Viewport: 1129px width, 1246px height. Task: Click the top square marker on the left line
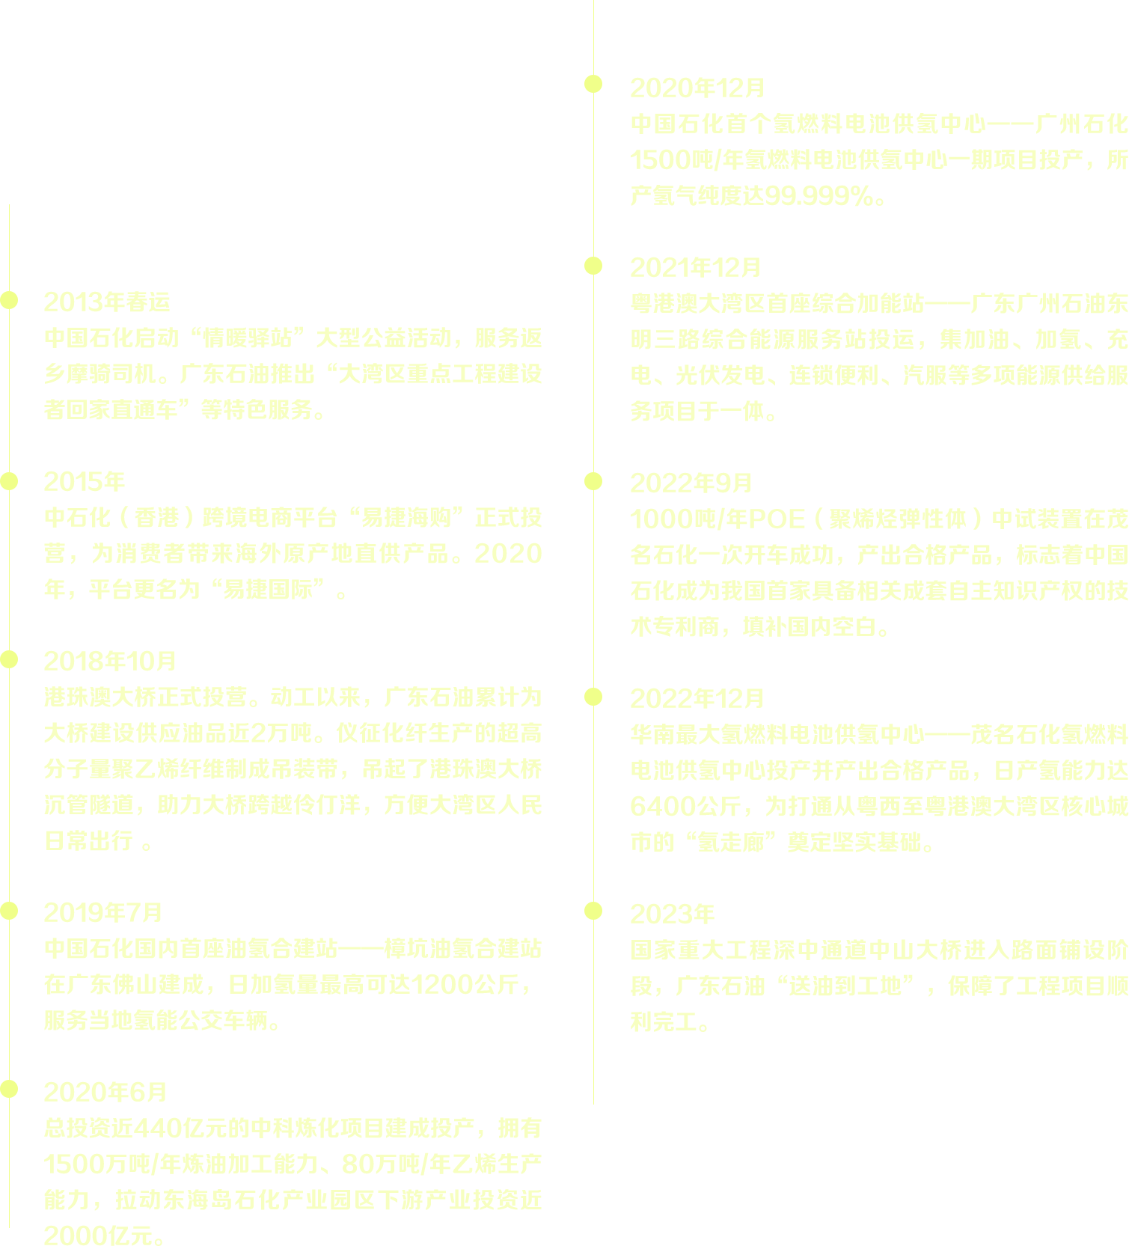tap(8, 300)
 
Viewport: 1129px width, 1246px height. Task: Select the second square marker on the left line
tap(8, 481)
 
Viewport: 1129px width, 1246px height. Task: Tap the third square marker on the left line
tap(8, 659)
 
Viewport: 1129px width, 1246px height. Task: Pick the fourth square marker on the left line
tap(8, 911)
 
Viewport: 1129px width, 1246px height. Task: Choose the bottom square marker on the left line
tap(8, 1089)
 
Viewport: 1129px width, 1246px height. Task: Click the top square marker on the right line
tap(593, 84)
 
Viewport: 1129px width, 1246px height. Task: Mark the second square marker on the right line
tap(593, 266)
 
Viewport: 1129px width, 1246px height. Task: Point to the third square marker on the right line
tap(593, 481)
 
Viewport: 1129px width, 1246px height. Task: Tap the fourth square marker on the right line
tap(593, 697)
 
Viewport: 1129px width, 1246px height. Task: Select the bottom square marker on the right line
tap(593, 911)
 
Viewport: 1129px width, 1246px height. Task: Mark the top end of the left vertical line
tap(9, 205)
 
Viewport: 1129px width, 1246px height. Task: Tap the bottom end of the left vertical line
tap(9, 1226)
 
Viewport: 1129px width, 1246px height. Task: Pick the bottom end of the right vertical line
tap(594, 1103)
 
